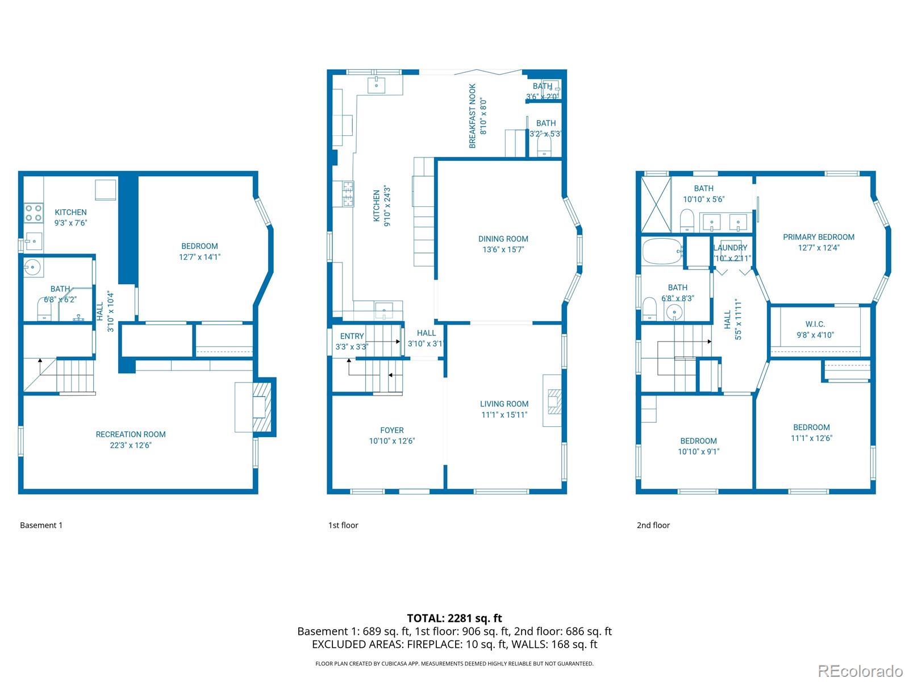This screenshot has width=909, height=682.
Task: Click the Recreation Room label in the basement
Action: pyautogui.click(x=131, y=435)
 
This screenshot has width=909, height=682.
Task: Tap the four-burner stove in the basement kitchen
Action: pyautogui.click(x=34, y=213)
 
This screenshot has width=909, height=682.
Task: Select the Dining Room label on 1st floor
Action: pyautogui.click(x=503, y=239)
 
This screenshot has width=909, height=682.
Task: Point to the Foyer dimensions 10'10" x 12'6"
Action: pyautogui.click(x=392, y=441)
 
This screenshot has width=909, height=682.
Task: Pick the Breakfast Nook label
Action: pyautogui.click(x=473, y=116)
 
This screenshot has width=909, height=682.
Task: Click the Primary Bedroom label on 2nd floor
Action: pyautogui.click(x=818, y=237)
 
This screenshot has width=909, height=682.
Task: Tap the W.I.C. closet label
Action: pyautogui.click(x=815, y=325)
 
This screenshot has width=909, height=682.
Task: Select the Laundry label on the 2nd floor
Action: pyautogui.click(x=730, y=248)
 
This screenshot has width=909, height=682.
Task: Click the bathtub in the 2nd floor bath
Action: pyautogui.click(x=662, y=251)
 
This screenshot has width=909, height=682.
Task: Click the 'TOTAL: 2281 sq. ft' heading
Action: pyautogui.click(x=454, y=618)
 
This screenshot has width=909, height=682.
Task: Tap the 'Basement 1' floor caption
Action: pyautogui.click(x=41, y=525)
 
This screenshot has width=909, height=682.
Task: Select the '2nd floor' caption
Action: pyautogui.click(x=653, y=525)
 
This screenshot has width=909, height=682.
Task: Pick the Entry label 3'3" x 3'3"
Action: pyautogui.click(x=352, y=336)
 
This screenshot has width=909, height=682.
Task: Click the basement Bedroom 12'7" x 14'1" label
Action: pyautogui.click(x=199, y=246)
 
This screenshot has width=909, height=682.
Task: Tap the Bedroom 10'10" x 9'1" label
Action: pyautogui.click(x=698, y=441)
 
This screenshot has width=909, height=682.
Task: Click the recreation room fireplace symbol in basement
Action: pyautogui.click(x=262, y=407)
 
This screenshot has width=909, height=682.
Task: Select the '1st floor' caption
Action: pyautogui.click(x=343, y=525)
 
